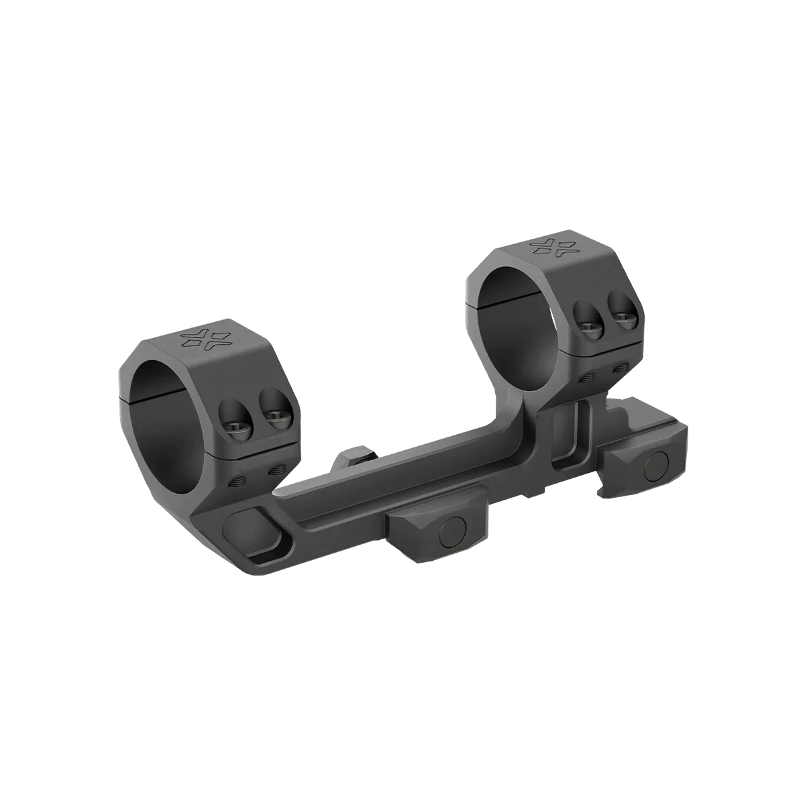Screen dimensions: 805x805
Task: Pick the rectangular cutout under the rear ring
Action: click(570, 436)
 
